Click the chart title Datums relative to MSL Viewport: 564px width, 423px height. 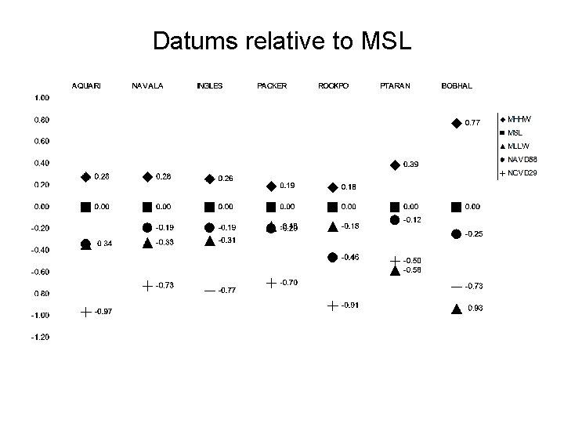click(x=282, y=41)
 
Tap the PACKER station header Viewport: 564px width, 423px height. click(x=272, y=85)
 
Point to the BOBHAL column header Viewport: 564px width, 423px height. click(x=457, y=85)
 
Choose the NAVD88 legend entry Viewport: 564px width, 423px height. click(x=520, y=159)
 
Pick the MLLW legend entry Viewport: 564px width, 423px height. click(x=519, y=146)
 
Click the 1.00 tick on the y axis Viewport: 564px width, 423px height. click(x=41, y=98)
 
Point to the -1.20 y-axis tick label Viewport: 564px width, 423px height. click(x=40, y=337)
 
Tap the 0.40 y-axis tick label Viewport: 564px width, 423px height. click(x=41, y=163)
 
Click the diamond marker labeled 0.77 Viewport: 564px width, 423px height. click(x=457, y=122)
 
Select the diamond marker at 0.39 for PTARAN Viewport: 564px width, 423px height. click(x=395, y=164)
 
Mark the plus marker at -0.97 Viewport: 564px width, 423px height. click(x=85, y=312)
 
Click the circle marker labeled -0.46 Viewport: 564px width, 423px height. click(x=333, y=257)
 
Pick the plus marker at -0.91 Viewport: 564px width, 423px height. click(x=333, y=305)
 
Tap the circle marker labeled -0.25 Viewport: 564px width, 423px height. click(x=457, y=233)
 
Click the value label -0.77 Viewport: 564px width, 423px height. click(x=227, y=290)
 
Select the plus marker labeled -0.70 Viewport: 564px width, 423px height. click(x=271, y=282)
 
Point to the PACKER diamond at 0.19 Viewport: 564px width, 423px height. click(x=271, y=186)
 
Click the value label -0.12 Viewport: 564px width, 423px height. click(x=412, y=220)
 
